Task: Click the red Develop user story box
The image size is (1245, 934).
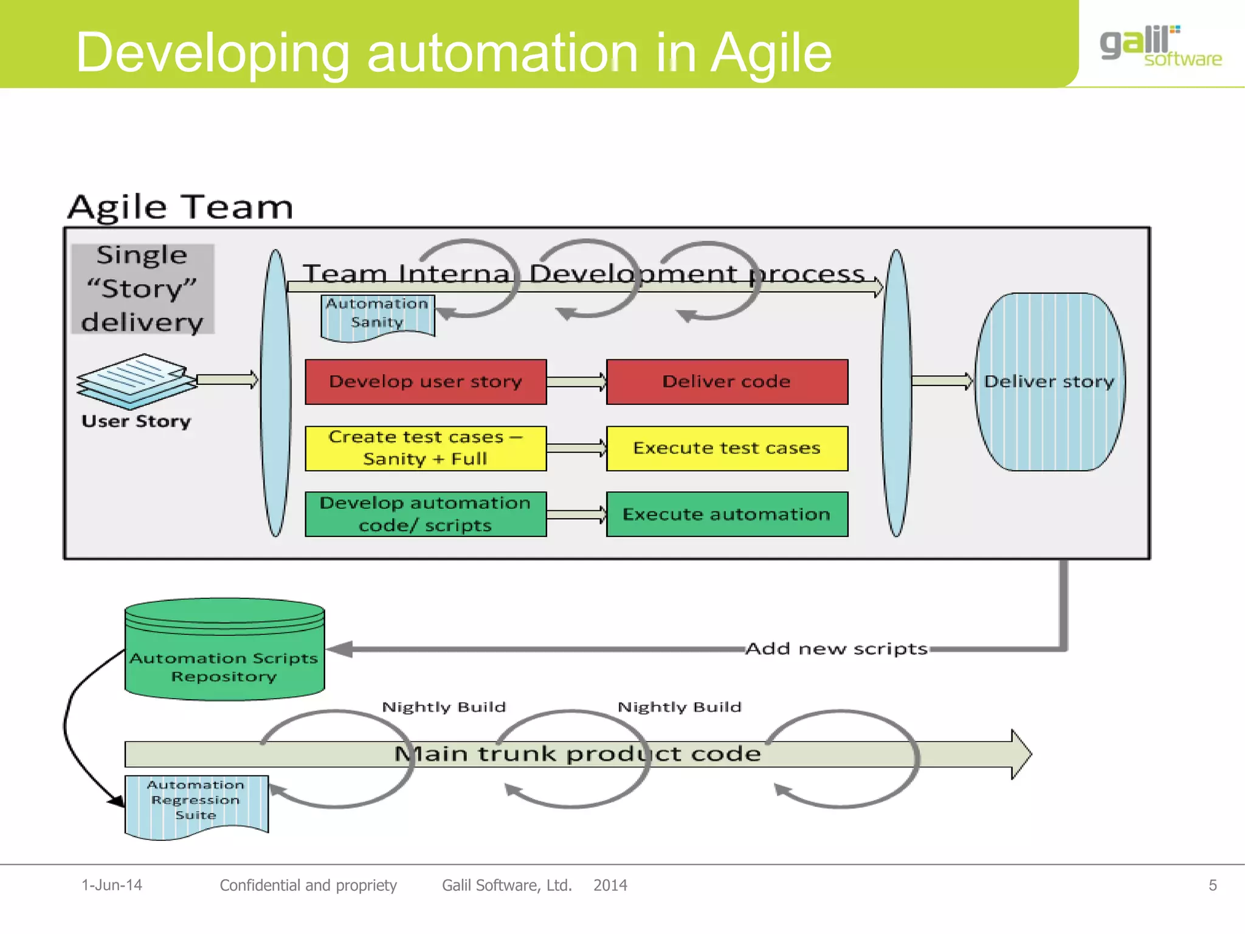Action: click(426, 382)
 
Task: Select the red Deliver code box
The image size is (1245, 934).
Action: click(726, 382)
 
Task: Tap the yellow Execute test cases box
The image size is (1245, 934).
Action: click(726, 449)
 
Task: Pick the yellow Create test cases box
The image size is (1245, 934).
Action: click(426, 449)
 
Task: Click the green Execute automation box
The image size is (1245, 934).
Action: click(726, 514)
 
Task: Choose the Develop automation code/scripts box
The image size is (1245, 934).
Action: click(426, 514)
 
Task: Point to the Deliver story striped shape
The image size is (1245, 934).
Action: click(1049, 382)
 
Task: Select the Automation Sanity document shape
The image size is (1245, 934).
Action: click(378, 315)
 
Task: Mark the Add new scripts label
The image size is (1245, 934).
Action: click(836, 649)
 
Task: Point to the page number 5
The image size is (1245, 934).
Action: click(1212, 885)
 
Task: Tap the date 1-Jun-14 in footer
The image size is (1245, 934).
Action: click(112, 885)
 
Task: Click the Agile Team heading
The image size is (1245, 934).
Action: click(181, 207)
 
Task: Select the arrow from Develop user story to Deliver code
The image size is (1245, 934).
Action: click(576, 382)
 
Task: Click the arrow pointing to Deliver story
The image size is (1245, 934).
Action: click(942, 381)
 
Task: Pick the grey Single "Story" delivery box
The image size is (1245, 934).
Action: click(142, 289)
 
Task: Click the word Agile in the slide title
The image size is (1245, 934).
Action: click(771, 54)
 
